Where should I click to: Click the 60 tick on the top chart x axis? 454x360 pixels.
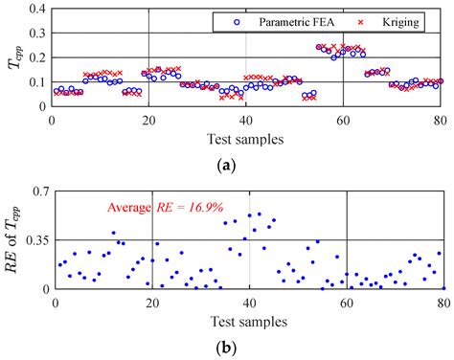pos(343,120)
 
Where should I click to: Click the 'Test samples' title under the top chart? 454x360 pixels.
pos(247,139)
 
